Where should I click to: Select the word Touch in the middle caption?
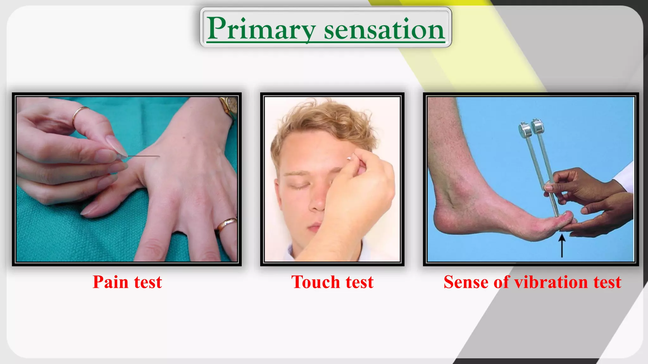coord(315,282)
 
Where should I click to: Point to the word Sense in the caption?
coord(466,282)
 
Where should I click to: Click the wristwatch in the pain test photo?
coord(230,106)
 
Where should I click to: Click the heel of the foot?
coord(443,221)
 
